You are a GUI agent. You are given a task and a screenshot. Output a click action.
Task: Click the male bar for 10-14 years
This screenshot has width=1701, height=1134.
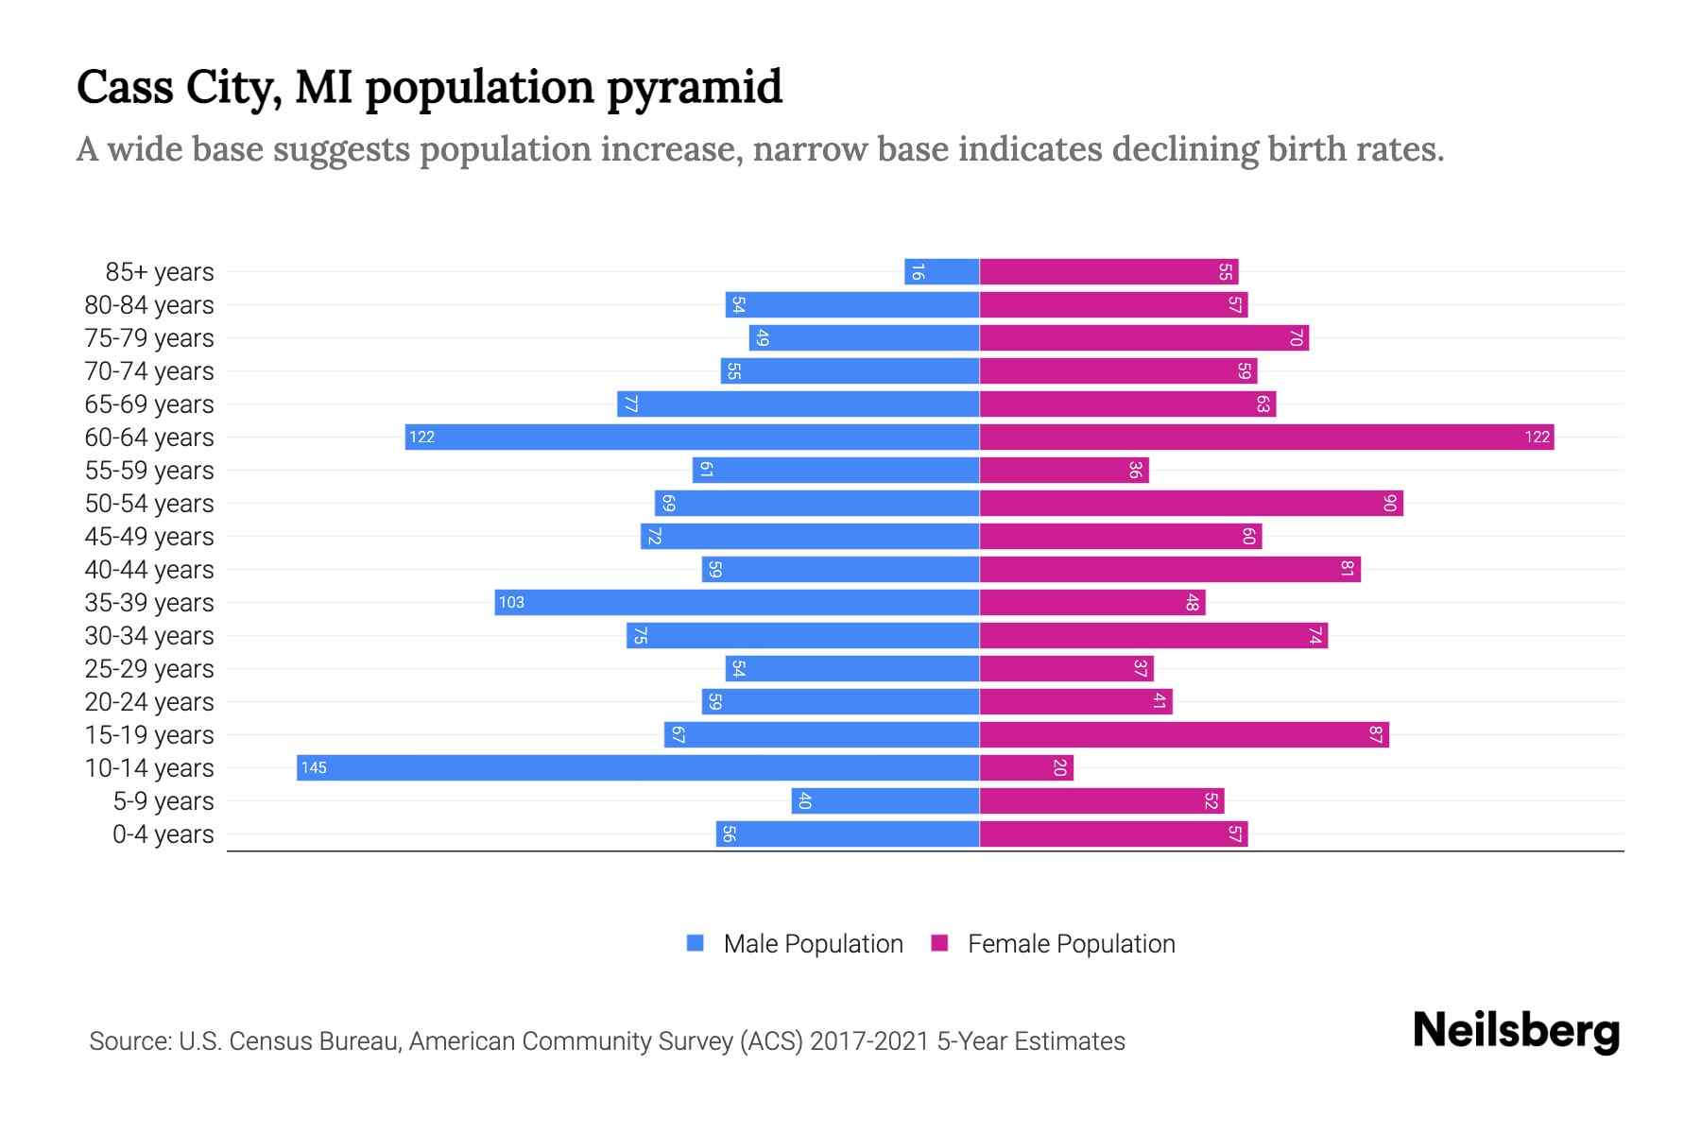638,767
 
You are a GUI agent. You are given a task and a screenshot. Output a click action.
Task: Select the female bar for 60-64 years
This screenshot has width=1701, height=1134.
1266,437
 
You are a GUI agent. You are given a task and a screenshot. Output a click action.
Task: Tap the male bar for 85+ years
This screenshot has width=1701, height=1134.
942,272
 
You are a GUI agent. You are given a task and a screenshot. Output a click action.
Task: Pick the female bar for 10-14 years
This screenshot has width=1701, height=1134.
1026,767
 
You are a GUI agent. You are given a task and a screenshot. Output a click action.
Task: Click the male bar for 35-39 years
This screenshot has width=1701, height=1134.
737,602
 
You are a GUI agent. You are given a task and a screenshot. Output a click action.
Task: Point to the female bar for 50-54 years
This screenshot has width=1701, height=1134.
1191,503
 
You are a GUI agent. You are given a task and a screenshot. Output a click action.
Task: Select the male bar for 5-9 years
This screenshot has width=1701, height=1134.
885,800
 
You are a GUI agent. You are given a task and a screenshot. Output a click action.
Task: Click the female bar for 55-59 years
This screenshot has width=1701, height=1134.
1064,470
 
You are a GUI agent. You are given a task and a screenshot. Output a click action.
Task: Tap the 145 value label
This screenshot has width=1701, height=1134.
314,767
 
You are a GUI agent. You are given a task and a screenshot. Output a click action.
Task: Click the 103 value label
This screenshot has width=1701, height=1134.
511,602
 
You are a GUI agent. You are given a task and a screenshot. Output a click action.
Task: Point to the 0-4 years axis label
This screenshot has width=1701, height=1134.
163,834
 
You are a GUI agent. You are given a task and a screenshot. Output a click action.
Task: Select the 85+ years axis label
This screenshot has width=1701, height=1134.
159,272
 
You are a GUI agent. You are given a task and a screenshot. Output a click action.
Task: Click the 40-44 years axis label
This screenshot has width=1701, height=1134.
149,570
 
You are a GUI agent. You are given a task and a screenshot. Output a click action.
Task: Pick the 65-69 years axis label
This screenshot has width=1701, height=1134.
149,404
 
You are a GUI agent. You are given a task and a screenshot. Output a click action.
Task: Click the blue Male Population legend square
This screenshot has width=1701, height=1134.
696,943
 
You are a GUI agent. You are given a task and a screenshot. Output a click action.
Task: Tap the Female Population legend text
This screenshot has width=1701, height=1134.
1071,943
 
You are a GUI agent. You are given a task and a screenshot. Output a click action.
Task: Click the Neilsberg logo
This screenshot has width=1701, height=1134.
1516,1031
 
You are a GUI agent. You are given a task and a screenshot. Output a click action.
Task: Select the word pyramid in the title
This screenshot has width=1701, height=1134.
695,88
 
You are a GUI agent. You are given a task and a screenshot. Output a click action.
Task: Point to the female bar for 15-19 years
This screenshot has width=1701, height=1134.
1184,734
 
